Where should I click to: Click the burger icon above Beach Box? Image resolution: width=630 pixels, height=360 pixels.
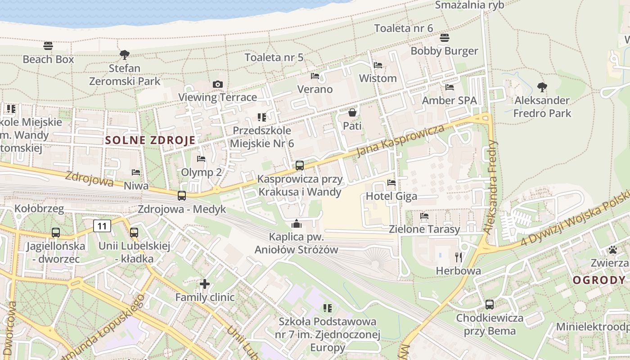(48, 46)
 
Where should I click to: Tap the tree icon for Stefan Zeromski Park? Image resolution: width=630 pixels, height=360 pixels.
(125, 55)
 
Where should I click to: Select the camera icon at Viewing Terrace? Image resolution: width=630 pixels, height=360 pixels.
(218, 84)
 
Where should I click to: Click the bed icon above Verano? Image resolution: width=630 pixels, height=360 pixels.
(315, 76)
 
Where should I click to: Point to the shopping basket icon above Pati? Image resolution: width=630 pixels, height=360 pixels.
(352, 112)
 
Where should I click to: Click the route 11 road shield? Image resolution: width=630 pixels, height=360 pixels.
(102, 225)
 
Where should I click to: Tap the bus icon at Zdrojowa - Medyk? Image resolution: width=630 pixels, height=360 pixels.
(182, 196)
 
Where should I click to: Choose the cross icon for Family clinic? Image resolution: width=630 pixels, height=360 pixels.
(205, 284)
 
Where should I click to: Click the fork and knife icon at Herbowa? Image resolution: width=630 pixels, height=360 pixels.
(459, 257)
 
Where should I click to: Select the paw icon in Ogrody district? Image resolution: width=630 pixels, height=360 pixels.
(612, 250)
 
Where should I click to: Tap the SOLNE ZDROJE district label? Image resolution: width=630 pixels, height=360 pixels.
(150, 140)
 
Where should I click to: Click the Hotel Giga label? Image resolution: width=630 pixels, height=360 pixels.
(391, 196)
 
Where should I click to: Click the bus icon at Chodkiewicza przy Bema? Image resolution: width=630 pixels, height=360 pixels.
(490, 305)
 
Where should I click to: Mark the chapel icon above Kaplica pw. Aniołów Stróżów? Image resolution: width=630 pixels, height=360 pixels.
(297, 223)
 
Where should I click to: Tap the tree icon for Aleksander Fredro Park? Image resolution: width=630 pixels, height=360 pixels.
(542, 87)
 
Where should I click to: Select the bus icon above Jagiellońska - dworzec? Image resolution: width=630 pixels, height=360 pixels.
(56, 233)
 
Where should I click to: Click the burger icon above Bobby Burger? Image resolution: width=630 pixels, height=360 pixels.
(444, 37)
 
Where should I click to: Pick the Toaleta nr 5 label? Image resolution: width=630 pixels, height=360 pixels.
(274, 58)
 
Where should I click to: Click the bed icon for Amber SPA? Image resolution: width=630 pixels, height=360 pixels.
(449, 87)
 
